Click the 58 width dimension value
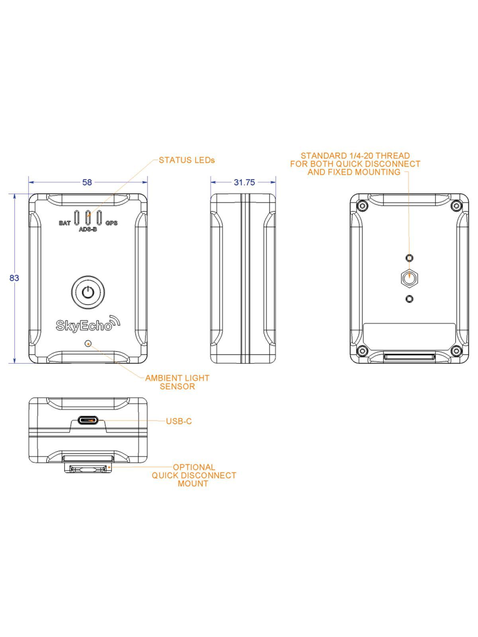(87, 182)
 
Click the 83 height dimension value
(14, 278)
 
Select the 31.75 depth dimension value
(244, 182)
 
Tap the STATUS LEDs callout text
(186, 160)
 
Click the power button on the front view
(88, 293)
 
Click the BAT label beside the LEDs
(65, 223)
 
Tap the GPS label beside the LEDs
(112, 223)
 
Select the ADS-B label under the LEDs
(88, 230)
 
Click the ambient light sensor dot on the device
(88, 343)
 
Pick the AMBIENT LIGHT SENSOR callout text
(177, 382)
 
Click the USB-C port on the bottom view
(88, 420)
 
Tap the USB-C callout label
(179, 421)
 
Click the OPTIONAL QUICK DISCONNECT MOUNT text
(194, 475)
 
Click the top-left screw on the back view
(362, 205)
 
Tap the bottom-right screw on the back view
(456, 351)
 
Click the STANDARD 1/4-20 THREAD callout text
(355, 164)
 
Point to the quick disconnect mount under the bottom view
(88, 469)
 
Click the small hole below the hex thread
(409, 299)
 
